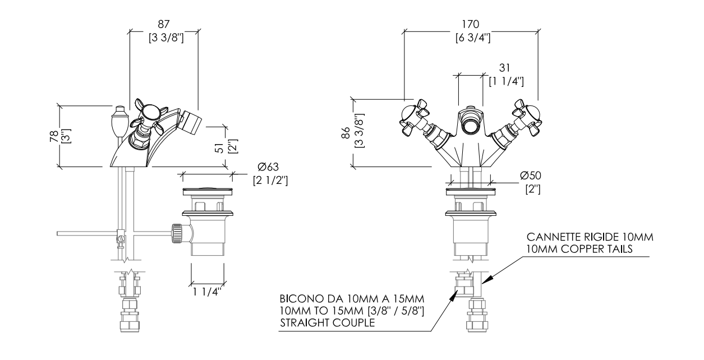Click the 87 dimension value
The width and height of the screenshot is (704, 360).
tap(164, 24)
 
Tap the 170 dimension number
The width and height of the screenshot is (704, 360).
tap(470, 24)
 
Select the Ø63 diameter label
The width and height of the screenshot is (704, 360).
tap(268, 167)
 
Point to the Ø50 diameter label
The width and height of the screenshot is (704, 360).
tap(531, 176)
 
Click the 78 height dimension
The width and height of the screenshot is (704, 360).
tap(54, 136)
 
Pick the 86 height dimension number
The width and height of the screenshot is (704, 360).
tap(346, 132)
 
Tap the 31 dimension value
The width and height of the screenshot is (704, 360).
tap(504, 67)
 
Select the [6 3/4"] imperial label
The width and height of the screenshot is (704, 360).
tap(473, 38)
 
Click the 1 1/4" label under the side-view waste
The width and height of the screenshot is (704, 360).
tap(207, 292)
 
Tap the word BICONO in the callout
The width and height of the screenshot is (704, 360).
tap(298, 298)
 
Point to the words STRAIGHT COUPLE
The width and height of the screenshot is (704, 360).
tap(328, 322)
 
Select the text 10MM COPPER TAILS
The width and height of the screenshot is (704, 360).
tap(579, 249)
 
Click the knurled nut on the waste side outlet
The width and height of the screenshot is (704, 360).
tap(177, 233)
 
